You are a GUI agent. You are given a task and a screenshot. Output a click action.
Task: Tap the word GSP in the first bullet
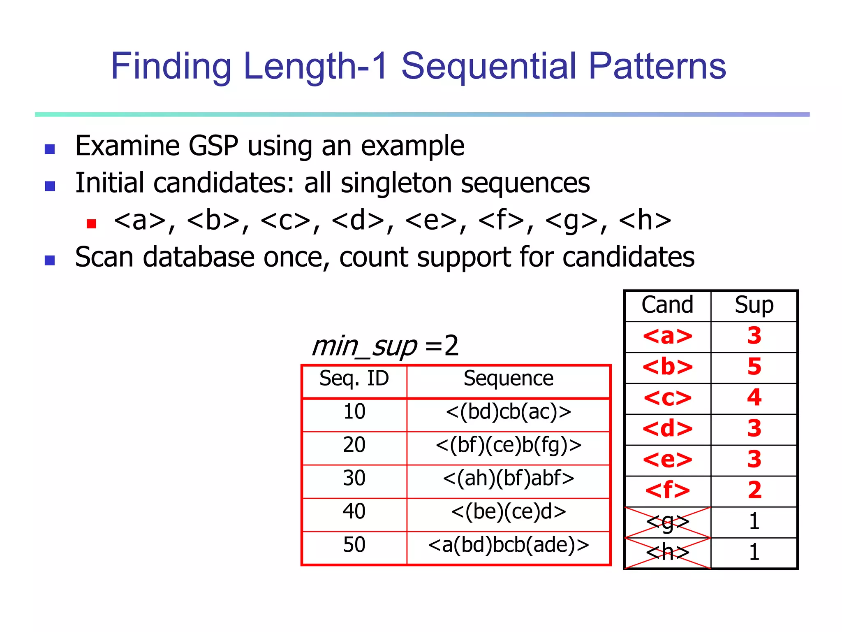pos(213,146)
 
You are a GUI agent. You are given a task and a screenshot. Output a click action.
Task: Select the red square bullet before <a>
pos(91,223)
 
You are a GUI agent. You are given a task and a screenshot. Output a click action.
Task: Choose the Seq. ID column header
pos(354,379)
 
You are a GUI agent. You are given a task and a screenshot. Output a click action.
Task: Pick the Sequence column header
pos(508,379)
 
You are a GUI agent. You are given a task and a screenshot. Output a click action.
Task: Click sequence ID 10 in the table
pos(354,412)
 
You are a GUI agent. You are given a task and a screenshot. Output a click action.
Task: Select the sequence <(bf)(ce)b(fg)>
pos(508,445)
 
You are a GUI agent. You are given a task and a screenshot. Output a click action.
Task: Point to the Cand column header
pos(667,305)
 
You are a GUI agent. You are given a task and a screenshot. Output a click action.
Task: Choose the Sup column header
pos(754,305)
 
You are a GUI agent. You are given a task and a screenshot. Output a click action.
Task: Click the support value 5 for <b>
pos(754,367)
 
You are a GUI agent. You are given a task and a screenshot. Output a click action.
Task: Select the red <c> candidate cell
pos(668,398)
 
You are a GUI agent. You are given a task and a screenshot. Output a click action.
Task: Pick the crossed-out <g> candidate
pos(668,522)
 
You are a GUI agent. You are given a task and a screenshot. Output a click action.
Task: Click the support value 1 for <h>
pos(754,553)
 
